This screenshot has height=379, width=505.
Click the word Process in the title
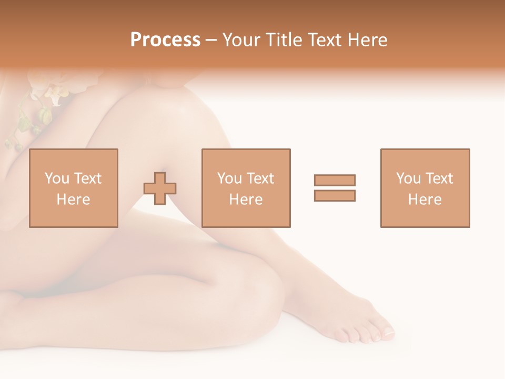click(x=165, y=40)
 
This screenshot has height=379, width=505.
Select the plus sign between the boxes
click(x=160, y=188)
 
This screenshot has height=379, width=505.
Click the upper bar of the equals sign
click(x=335, y=180)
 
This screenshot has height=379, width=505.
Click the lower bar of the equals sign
click(x=335, y=195)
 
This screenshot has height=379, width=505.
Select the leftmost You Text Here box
click(x=74, y=188)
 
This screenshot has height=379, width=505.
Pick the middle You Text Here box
click(x=246, y=188)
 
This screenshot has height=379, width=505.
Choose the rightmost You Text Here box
click(x=425, y=188)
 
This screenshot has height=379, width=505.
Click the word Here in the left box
click(x=74, y=200)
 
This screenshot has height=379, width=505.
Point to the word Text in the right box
click(x=439, y=178)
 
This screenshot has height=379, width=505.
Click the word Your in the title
click(x=242, y=40)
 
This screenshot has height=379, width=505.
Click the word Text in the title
click(x=325, y=40)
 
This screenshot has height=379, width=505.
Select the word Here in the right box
click(x=425, y=200)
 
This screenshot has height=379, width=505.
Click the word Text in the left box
click(x=87, y=178)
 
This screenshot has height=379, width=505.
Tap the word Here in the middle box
click(x=246, y=200)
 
